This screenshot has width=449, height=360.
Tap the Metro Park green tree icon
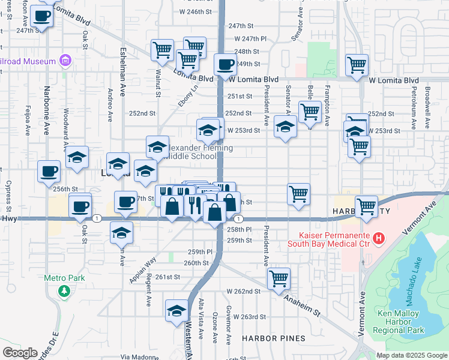[64, 290]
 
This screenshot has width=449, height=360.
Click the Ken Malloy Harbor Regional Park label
[400, 322]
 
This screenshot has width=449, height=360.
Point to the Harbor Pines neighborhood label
[274, 338]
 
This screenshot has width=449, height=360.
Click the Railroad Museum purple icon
[65, 61]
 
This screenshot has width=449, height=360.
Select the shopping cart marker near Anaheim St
[279, 278]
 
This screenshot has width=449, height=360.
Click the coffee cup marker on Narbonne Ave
[49, 172]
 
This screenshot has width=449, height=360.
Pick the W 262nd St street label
[243, 291]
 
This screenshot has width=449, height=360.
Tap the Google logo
[20, 353]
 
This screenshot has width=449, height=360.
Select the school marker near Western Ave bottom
[176, 310]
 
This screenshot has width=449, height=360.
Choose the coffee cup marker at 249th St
[226, 64]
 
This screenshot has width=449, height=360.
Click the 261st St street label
[167, 277]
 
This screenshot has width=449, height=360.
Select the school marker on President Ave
[285, 127]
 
